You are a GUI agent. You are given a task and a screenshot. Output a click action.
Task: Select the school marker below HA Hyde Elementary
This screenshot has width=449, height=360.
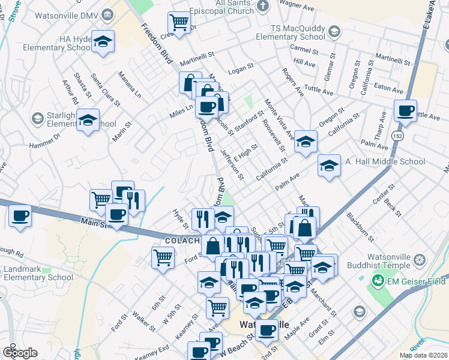point(104,42)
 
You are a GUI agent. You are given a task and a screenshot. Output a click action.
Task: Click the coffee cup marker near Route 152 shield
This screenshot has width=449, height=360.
point(405,110)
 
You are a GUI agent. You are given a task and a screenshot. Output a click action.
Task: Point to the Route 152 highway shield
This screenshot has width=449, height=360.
point(398,136)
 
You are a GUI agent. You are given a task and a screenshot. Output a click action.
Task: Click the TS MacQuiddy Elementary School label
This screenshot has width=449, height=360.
point(290,32)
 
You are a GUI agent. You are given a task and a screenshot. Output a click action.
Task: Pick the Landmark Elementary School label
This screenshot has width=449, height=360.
point(37,273)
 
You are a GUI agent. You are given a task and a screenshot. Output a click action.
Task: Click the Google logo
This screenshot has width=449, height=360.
point(19,353)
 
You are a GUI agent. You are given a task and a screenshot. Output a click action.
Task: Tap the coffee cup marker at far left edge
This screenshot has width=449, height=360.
point(20,215)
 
